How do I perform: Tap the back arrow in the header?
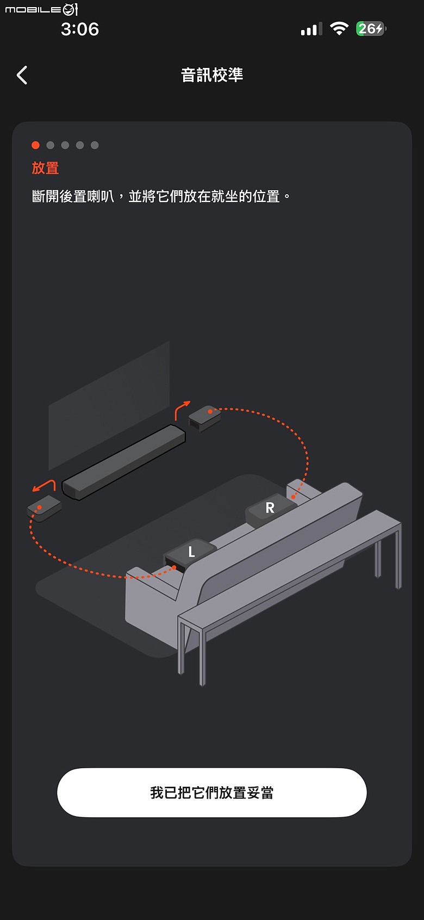(x=22, y=75)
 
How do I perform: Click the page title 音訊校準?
(x=212, y=75)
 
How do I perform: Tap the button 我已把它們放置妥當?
(x=212, y=792)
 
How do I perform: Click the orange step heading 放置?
(x=45, y=168)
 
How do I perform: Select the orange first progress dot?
(x=36, y=145)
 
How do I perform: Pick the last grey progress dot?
(x=95, y=145)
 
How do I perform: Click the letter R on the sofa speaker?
(x=270, y=508)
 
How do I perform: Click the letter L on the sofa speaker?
(x=191, y=552)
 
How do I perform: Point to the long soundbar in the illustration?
(x=123, y=462)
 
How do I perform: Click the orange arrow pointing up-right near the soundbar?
(x=182, y=410)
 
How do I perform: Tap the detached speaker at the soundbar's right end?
(x=205, y=418)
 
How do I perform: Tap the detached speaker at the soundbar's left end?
(x=45, y=508)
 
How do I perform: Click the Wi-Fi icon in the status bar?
(x=339, y=29)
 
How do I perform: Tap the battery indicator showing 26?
(x=371, y=29)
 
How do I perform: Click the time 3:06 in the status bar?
(x=79, y=29)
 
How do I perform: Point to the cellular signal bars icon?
(x=311, y=29)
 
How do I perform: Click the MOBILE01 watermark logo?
(x=41, y=9)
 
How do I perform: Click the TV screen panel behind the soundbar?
(x=109, y=405)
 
